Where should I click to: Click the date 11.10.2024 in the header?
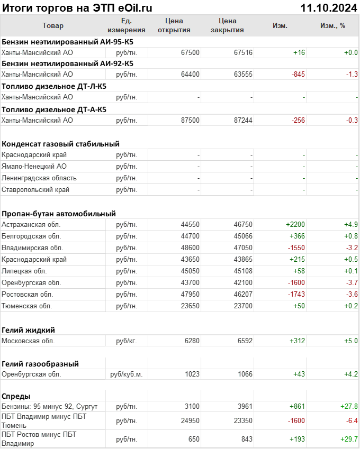[328, 7]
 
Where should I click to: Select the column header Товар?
[52, 26]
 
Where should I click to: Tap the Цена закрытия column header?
[227, 25]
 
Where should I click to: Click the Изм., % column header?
[332, 26]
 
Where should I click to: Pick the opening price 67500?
[190, 52]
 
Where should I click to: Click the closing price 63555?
[243, 75]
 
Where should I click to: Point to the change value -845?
[298, 75]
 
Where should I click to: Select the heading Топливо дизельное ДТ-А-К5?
[54, 109]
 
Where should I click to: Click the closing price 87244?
[243, 121]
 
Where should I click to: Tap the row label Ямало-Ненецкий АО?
[34, 167]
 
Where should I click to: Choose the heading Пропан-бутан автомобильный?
[59, 214]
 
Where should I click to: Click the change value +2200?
[295, 225]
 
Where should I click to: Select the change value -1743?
[296, 295]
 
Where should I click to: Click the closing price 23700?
[243, 306]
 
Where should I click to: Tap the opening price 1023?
[192, 374]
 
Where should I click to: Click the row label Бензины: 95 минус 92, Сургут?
[50, 407]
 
